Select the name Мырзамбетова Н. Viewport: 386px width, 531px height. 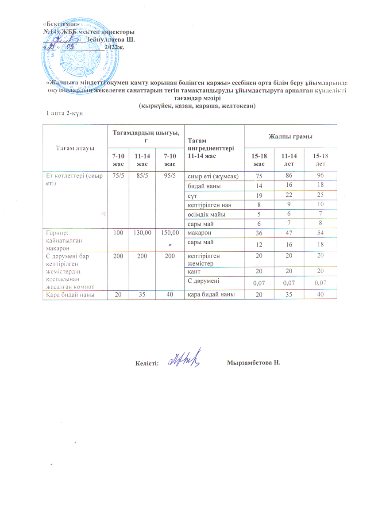[x=254, y=363]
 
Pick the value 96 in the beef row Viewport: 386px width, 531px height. [x=320, y=176]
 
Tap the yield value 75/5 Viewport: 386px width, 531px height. [x=118, y=175]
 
